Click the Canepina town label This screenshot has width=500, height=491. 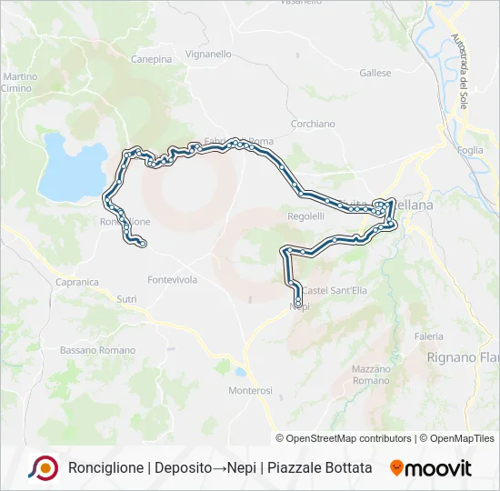pos(151,59)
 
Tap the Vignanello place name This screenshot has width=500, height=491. pos(211,55)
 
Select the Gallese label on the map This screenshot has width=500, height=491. pos(375,73)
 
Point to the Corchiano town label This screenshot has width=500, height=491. pos(313,124)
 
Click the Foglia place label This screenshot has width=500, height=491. pos(471,150)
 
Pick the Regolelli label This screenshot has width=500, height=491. pos(305,216)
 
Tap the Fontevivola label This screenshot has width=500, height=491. pos(172,280)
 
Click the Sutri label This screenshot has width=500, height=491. pos(126,297)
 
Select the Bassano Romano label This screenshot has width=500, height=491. pos(97,350)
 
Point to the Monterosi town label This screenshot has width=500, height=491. pos(249,390)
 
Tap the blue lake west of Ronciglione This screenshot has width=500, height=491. pos(69,168)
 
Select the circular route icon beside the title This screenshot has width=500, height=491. pos(44,468)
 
